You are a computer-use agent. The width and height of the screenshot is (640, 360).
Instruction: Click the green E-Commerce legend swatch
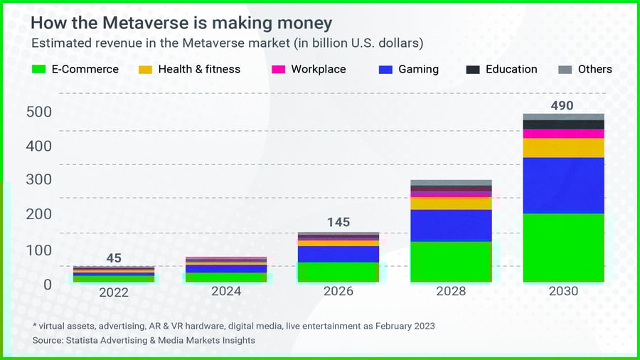click(x=39, y=70)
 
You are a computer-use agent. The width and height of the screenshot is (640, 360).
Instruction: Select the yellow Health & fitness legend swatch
click(x=145, y=70)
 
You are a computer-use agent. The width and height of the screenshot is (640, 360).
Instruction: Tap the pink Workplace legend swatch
click(x=278, y=70)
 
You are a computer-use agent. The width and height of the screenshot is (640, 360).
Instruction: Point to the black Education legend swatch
click(x=472, y=70)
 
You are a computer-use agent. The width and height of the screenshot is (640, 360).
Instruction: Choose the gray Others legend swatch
click(x=565, y=70)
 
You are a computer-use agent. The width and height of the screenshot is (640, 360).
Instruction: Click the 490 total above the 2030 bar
click(x=562, y=106)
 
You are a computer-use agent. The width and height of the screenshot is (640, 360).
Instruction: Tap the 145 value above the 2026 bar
click(x=338, y=222)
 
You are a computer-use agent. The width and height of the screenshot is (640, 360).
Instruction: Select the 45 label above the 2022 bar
click(x=114, y=258)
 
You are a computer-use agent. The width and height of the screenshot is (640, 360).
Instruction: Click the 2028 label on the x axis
click(x=451, y=292)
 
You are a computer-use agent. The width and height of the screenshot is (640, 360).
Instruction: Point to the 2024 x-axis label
click(x=226, y=292)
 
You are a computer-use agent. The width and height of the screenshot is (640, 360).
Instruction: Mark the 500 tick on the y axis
click(x=38, y=112)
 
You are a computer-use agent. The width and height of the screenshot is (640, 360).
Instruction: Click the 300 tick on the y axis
click(x=38, y=180)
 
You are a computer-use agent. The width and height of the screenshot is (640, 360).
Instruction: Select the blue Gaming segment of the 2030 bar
click(x=563, y=185)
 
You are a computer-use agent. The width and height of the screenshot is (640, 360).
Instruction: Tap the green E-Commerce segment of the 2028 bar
click(x=451, y=261)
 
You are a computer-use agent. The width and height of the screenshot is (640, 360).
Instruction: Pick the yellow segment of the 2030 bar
click(x=563, y=148)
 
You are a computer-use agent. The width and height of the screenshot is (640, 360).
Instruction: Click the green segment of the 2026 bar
click(x=338, y=272)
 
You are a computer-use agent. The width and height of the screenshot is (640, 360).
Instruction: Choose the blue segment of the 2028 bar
click(x=451, y=226)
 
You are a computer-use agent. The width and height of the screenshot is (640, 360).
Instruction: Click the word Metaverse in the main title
click(x=143, y=23)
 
